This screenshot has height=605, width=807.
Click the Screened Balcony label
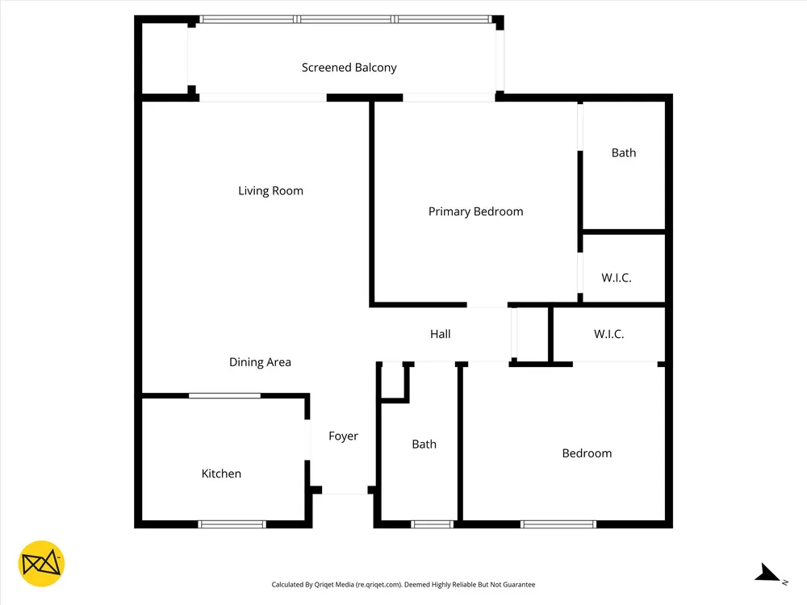pyautogui.click(x=349, y=68)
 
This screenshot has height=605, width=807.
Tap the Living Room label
pyautogui.click(x=270, y=191)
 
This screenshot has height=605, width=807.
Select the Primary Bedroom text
pyautogui.click(x=475, y=211)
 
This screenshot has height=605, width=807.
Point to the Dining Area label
pyautogui.click(x=260, y=362)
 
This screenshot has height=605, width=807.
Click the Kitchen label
pyautogui.click(x=221, y=474)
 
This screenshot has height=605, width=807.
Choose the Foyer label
pyautogui.click(x=343, y=436)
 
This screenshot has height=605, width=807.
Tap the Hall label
pyautogui.click(x=440, y=334)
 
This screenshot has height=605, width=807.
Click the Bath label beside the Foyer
pyautogui.click(x=424, y=444)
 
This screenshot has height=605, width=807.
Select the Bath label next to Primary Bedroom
pyautogui.click(x=624, y=152)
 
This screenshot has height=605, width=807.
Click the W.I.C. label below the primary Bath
pyautogui.click(x=616, y=277)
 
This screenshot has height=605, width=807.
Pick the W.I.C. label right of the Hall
pyautogui.click(x=608, y=334)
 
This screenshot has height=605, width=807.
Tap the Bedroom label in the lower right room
pyautogui.click(x=587, y=453)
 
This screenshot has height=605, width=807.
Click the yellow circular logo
pyautogui.click(x=41, y=564)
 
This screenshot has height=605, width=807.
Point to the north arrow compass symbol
pyautogui.click(x=769, y=574)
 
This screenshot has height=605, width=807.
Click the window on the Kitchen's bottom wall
pyautogui.click(x=232, y=524)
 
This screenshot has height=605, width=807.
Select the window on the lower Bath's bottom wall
pyautogui.click(x=433, y=524)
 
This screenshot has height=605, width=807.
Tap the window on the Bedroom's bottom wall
pyautogui.click(x=558, y=524)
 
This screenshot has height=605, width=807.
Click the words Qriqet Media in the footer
pyautogui.click(x=334, y=584)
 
